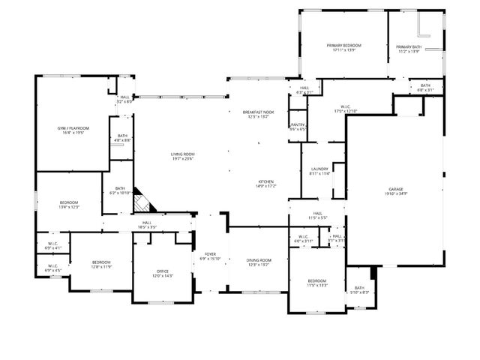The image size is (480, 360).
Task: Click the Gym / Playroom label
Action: pos(72,129)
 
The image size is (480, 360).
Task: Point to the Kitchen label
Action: pos(266,181)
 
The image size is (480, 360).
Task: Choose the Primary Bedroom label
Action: pos(343,46)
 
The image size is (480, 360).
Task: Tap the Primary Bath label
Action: pos(409,46)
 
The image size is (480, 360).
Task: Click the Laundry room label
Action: pos(319,169)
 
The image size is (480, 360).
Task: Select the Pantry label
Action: pos(298,124)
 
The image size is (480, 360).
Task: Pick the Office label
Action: pos(163,271)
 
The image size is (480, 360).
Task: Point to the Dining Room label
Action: pos(259,260)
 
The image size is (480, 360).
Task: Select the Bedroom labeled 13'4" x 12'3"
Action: pos(69,202)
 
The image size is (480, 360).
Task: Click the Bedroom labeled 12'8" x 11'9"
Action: pos(101,262)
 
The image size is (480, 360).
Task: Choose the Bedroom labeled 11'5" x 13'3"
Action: pos(317,281)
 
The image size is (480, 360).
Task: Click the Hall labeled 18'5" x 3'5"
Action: pos(147,223)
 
